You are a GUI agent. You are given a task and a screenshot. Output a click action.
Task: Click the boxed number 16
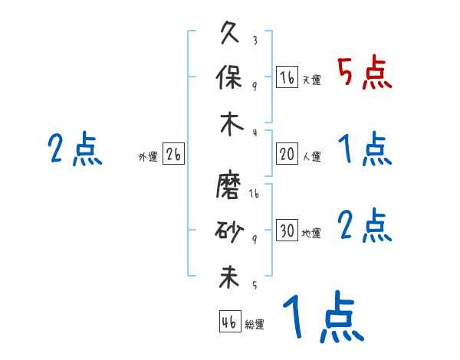pos(287,77)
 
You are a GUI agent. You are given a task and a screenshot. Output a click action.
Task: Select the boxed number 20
pos(287,153)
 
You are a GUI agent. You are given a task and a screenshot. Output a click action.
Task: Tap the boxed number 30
pos(287,231)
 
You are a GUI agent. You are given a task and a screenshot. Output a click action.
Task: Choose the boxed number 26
pos(173,154)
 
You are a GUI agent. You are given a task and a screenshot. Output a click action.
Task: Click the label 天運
pos(311,80)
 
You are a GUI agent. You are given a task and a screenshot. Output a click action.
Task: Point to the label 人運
pos(311,156)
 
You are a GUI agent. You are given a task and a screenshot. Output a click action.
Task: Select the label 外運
pos(148,157)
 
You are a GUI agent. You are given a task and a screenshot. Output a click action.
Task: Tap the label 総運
pos(255,324)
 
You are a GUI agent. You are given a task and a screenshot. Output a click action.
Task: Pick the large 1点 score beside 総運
pos(322,318)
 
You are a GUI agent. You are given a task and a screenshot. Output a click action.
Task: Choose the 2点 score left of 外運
pos(74,149)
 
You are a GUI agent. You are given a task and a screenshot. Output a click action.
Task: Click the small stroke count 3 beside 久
pos(255,40)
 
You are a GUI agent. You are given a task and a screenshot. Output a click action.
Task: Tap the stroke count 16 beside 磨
pos(254,195)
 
